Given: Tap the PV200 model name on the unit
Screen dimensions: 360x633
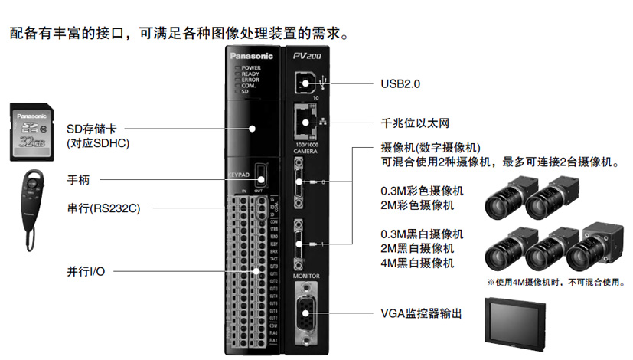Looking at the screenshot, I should tap(308, 56).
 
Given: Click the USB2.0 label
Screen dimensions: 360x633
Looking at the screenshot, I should tap(400, 82).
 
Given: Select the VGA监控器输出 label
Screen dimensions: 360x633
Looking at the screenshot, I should tap(422, 313).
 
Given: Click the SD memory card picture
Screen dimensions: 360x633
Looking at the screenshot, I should tap(32, 133).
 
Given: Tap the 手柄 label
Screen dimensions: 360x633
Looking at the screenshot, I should tap(79, 181).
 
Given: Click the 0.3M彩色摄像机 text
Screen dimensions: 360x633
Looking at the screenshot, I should tap(422, 190).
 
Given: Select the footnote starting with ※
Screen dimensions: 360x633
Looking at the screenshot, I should tap(553, 282).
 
